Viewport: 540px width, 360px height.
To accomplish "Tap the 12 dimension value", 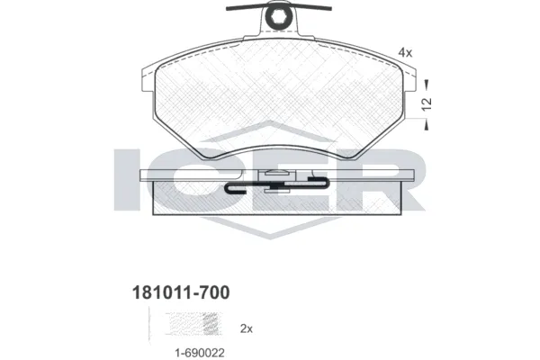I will pos(428,103).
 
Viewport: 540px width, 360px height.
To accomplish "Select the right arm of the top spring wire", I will pos(311,10).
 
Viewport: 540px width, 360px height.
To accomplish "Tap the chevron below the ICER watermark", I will pos(270,236).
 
